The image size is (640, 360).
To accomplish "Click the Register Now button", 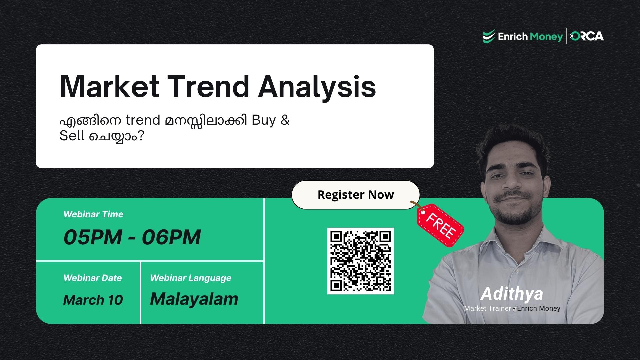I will point(355,195).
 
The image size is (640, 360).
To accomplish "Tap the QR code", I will point(360,261).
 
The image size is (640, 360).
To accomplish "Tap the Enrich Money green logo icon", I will point(489,36).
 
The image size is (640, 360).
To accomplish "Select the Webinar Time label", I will point(93,214).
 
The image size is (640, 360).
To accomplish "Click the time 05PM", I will point(93,237).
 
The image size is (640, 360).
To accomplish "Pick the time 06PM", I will point(171,237).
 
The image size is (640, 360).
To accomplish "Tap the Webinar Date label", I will point(93,278).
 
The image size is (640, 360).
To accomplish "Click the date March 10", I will point(93,300).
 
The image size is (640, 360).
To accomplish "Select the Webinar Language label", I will point(191,278).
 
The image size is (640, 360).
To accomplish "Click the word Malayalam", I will point(194,299).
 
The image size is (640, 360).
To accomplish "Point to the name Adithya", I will point(512,294).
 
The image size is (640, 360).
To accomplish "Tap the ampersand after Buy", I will point(285,120).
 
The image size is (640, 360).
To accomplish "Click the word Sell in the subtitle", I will point(72,136).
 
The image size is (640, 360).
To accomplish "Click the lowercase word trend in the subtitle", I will point(143,120).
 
